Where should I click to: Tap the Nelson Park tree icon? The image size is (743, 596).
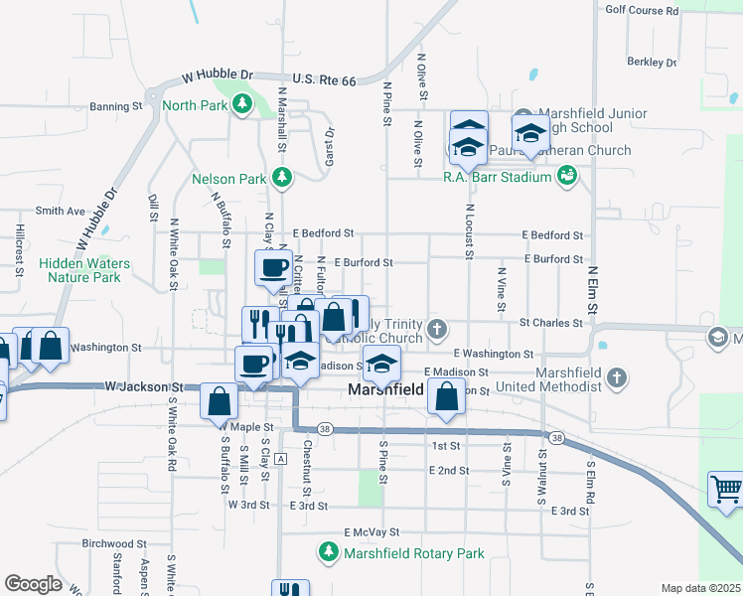(283, 178)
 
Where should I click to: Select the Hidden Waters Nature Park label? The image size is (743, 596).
(84, 270)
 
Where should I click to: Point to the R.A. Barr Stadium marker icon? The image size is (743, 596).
(567, 177)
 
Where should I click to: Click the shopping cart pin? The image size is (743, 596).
(726, 490)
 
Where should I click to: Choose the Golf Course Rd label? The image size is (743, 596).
(642, 10)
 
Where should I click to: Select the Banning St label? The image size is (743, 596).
(116, 106)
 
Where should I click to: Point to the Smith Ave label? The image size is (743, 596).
(61, 211)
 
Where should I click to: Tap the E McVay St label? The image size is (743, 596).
(371, 532)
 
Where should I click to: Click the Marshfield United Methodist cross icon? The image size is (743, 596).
(617, 377)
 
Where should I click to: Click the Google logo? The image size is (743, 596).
(33, 584)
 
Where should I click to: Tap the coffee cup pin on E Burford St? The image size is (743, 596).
(273, 267)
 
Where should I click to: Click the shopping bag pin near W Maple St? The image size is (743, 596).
(219, 402)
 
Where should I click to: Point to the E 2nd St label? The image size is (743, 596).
(448, 470)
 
